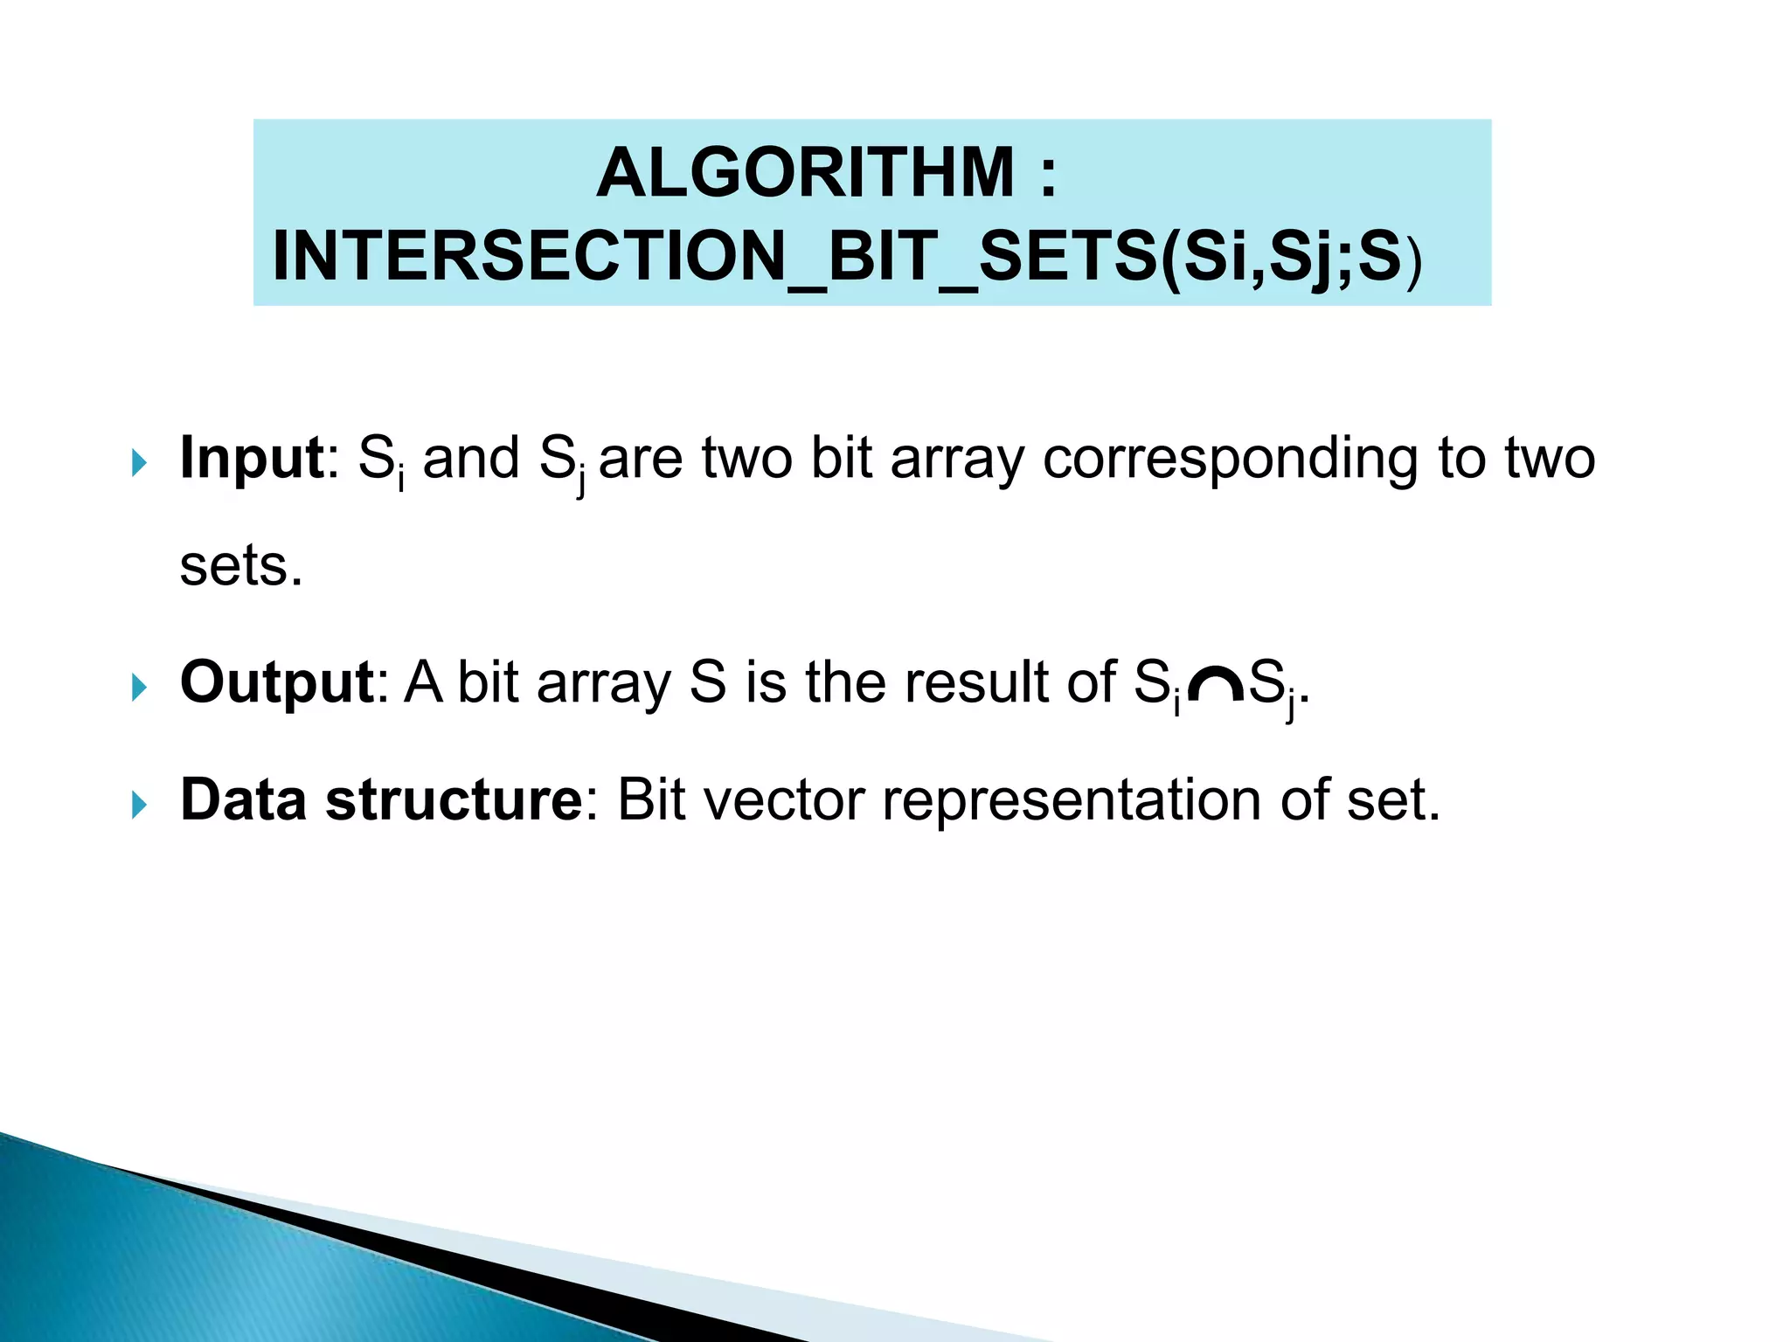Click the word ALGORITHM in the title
(804, 172)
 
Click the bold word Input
(252, 458)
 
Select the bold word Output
(277, 681)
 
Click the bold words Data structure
(381, 799)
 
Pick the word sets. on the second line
(241, 566)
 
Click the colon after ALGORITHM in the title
(1049, 174)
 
